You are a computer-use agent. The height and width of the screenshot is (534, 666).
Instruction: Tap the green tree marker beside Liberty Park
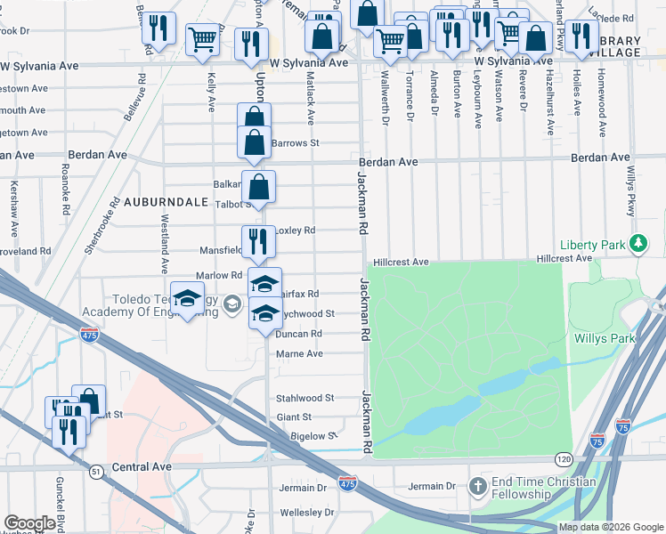tap(638, 243)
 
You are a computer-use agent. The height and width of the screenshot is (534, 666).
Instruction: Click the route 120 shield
tap(563, 459)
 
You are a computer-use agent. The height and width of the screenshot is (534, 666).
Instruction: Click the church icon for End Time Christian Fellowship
tap(478, 487)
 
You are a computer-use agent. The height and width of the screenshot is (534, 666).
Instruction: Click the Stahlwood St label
tap(305, 398)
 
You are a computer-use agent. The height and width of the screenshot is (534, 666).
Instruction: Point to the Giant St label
tap(294, 417)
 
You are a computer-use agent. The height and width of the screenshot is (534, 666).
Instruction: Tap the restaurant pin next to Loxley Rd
tap(259, 240)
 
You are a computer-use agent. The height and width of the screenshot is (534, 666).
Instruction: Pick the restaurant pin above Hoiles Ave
tap(581, 36)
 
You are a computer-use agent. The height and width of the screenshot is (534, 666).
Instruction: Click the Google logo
tap(29, 523)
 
